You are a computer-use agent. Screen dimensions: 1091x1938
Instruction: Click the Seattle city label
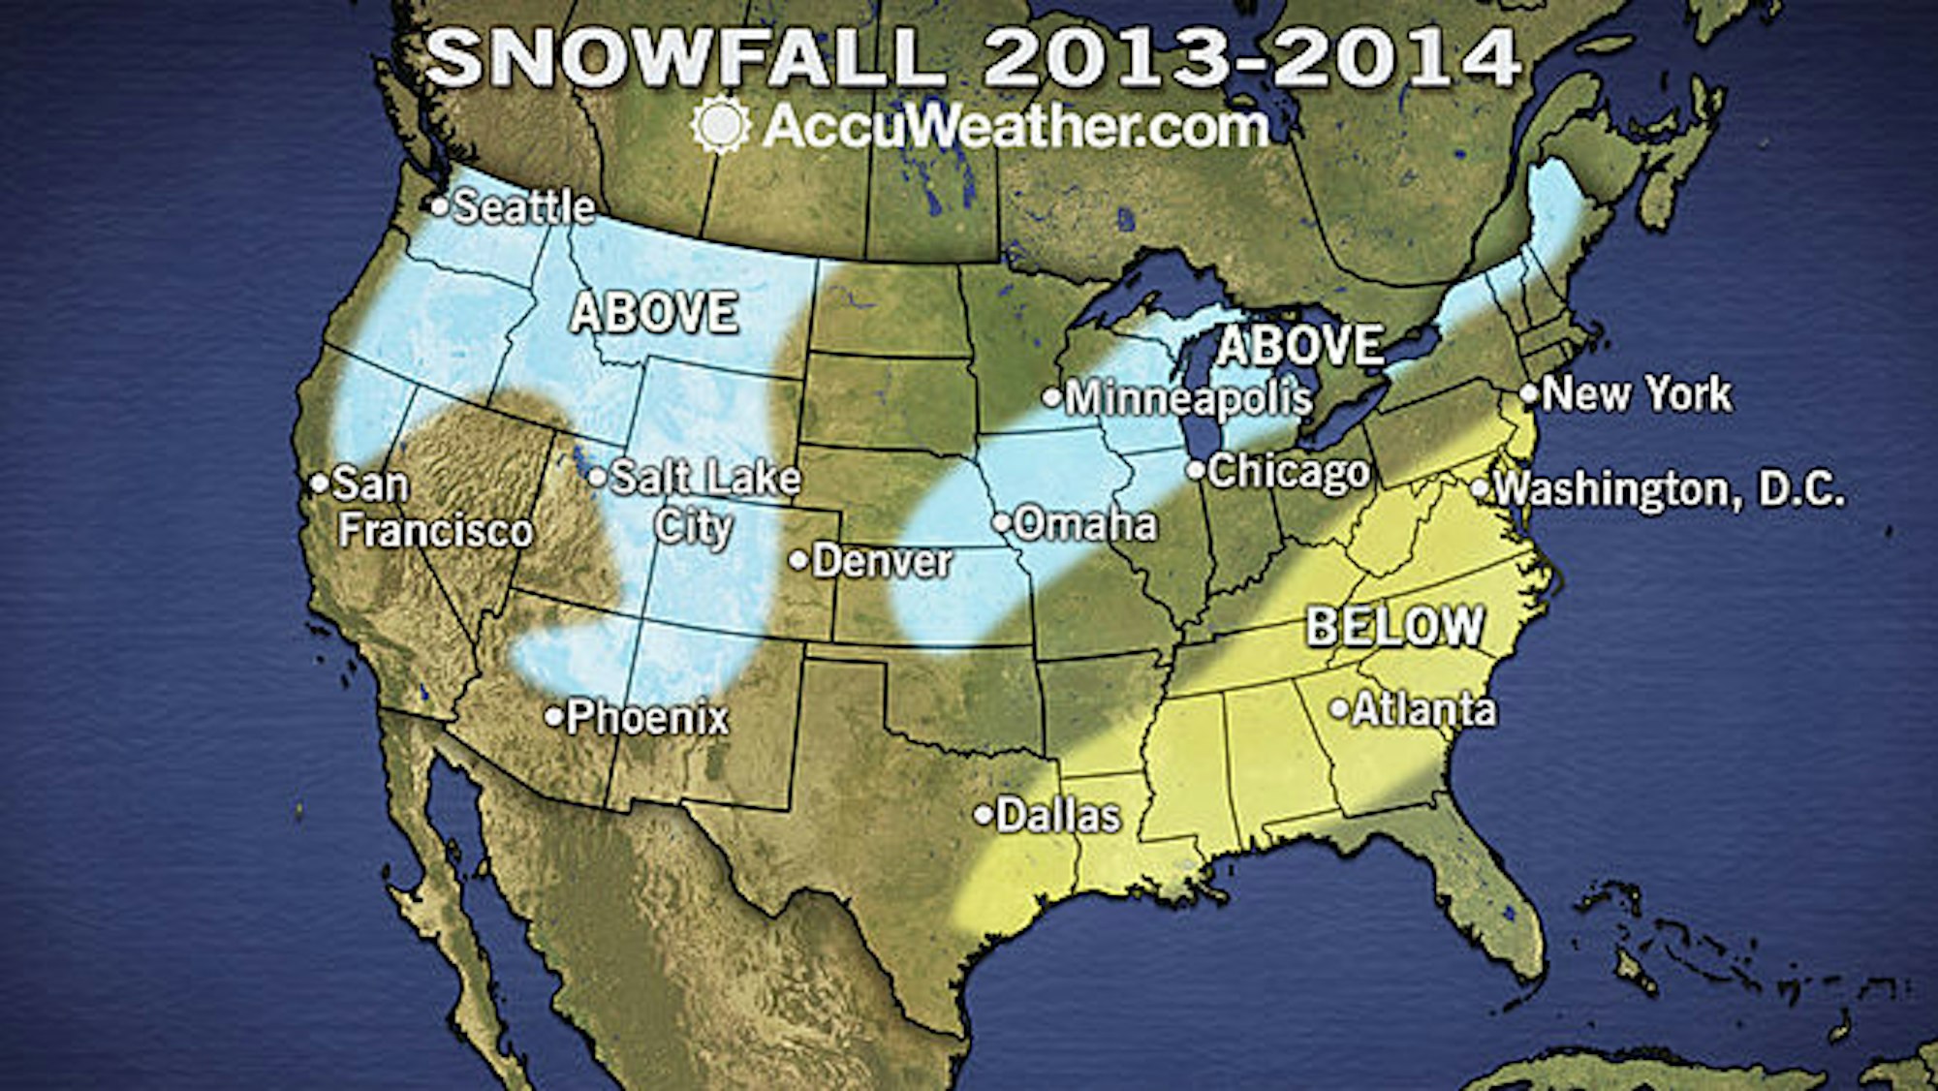[x=523, y=207]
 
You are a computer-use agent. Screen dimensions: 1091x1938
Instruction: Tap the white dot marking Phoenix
[x=553, y=718]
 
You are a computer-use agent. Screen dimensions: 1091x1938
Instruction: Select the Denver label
[x=882, y=561]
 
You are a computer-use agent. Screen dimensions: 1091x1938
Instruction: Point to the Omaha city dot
[x=1001, y=523]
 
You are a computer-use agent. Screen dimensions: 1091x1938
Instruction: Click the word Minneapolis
[x=1189, y=398]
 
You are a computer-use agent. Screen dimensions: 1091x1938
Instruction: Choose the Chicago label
[x=1288, y=472]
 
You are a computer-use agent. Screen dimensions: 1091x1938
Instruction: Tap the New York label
[x=1637, y=394]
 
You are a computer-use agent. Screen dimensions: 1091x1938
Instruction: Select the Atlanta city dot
[x=1339, y=709]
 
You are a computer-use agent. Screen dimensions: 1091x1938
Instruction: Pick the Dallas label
[x=1058, y=816]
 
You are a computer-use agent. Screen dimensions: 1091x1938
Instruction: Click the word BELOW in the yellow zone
[x=1394, y=627]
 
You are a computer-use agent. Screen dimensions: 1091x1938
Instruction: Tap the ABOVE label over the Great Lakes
[x=1299, y=346]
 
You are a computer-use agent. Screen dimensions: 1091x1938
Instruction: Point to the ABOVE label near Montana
[x=654, y=313]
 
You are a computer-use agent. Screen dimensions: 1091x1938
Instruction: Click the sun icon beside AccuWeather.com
[x=720, y=126]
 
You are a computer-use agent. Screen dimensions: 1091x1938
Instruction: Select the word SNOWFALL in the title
[x=683, y=58]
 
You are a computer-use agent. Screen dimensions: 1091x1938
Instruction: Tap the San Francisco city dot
[x=319, y=483]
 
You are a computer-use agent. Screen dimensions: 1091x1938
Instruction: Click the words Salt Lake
[x=705, y=478]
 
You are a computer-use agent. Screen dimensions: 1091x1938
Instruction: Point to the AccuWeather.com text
[x=1015, y=127]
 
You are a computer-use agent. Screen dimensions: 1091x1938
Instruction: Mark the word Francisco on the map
[x=436, y=531]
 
